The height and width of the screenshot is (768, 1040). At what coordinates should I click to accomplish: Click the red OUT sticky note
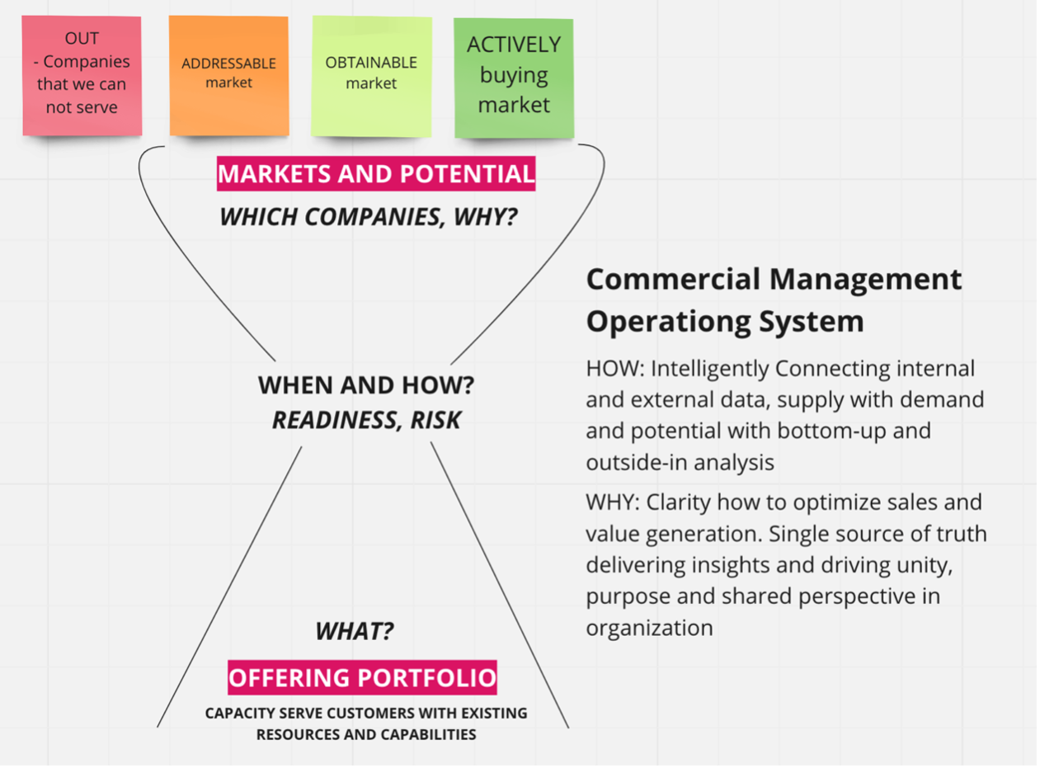82,75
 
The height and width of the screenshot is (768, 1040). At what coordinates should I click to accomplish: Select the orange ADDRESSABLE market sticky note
228,75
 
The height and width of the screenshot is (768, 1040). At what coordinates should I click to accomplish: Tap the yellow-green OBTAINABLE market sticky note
371,77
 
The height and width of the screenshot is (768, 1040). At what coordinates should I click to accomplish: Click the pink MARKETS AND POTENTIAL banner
376,174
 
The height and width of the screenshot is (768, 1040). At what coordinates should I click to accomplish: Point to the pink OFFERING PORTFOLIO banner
362,678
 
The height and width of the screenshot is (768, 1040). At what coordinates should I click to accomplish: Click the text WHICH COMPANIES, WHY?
368,217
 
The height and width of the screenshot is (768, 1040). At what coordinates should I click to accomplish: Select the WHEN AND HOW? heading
366,385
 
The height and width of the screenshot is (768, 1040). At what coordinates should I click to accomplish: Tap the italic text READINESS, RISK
366,420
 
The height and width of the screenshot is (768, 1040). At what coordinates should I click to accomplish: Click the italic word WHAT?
355,632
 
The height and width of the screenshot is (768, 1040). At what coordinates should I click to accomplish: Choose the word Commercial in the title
672,279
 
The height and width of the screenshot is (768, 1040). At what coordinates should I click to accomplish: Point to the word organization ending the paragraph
649,628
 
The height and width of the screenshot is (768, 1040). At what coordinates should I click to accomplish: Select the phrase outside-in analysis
680,462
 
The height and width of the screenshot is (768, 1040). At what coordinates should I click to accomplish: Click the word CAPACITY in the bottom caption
236,713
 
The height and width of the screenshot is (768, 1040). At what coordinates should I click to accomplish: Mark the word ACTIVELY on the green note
514,45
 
